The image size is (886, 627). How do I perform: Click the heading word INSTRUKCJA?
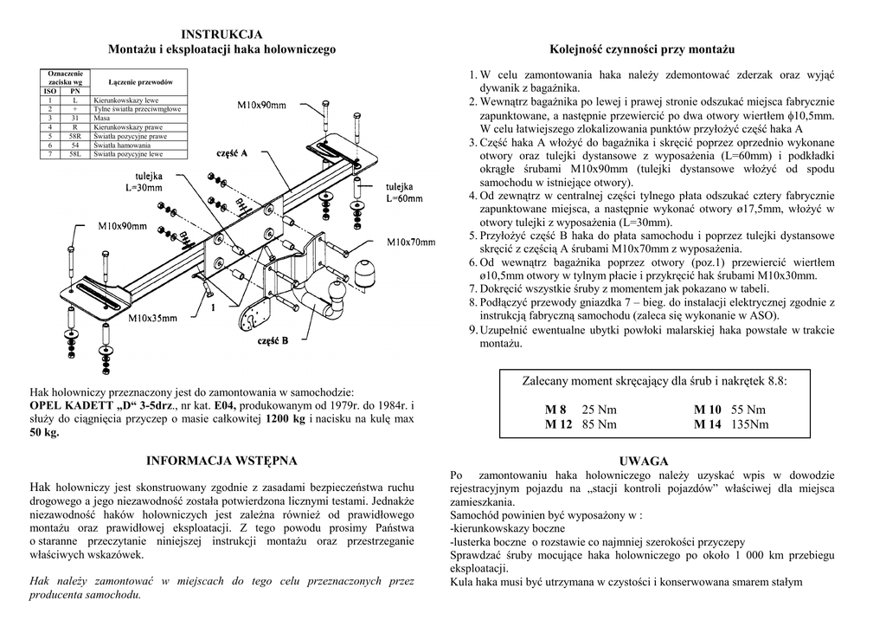click(x=221, y=35)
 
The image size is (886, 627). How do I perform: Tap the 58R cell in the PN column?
click(x=75, y=136)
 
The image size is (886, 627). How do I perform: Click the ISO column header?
click(x=51, y=91)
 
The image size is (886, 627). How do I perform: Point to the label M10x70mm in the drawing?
click(x=411, y=242)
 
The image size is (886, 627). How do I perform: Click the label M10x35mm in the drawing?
click(x=155, y=319)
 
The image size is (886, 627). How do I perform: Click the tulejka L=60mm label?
click(x=404, y=192)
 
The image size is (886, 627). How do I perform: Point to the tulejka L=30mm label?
click(x=144, y=181)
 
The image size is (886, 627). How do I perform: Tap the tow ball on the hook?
click(x=333, y=306)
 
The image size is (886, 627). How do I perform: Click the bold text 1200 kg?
click(x=286, y=419)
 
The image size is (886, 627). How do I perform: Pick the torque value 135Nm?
click(x=749, y=424)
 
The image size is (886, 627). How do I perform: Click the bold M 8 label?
click(x=555, y=410)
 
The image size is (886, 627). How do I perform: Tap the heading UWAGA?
click(x=643, y=462)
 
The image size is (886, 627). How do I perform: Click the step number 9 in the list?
click(x=472, y=330)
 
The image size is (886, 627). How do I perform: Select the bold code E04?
click(x=225, y=405)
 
